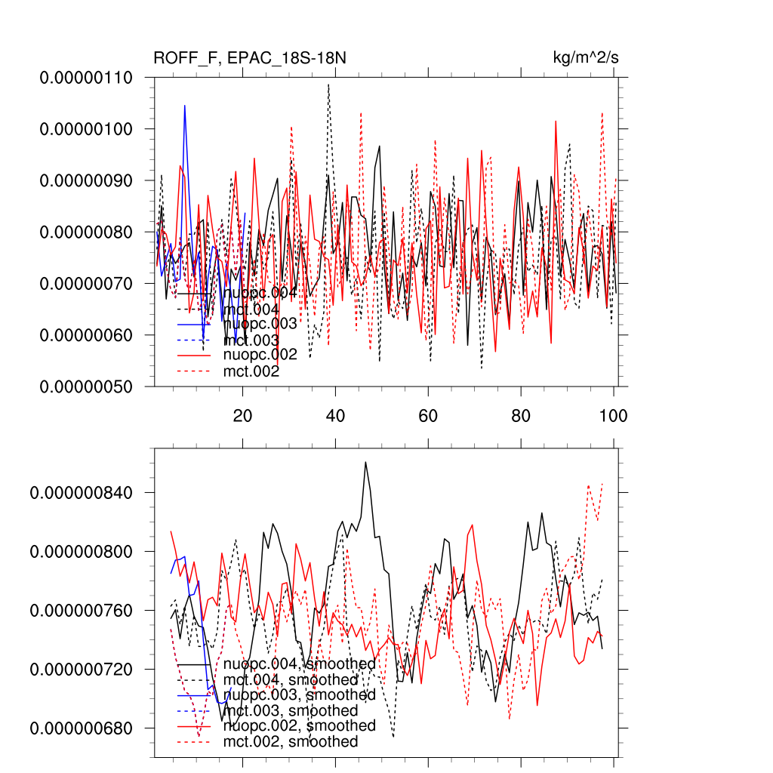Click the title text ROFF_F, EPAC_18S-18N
tap(250, 58)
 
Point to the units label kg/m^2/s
tap(587, 58)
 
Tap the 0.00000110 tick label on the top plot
tap(86, 78)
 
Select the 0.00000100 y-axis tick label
tap(86, 129)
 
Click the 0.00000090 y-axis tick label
tap(86, 180)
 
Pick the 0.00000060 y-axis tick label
tap(86, 334)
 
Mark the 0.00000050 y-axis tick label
tap(86, 386)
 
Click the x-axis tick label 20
tap(242, 415)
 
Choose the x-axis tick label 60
tap(428, 415)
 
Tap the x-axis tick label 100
tap(613, 415)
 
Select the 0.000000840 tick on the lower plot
tap(81, 492)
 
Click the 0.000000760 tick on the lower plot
tap(81, 610)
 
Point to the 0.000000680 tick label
tap(81, 728)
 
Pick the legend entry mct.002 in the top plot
tap(251, 371)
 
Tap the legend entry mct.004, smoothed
tap(291, 680)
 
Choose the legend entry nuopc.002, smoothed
tap(300, 725)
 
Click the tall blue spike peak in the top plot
tap(184, 106)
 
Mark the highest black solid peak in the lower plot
tap(365, 462)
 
